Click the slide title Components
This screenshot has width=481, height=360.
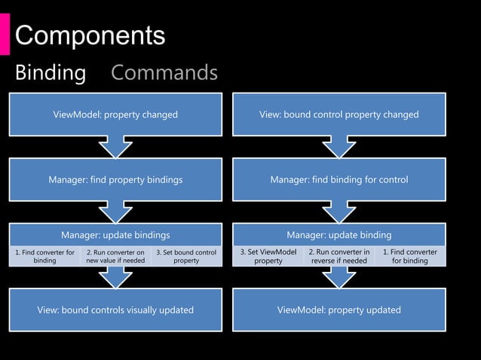(90, 35)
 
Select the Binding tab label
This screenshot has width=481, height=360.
(51, 73)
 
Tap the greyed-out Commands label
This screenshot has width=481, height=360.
(164, 73)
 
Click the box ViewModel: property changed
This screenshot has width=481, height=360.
(115, 115)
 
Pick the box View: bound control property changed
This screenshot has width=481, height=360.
(339, 115)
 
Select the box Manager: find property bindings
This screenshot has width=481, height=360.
(115, 180)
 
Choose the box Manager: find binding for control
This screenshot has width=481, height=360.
(339, 180)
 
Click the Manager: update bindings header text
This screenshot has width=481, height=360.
(115, 235)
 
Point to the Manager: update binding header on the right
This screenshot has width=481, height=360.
(339, 235)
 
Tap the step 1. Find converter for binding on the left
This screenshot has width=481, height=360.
(44, 256)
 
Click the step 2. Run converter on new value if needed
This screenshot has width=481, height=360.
(115, 256)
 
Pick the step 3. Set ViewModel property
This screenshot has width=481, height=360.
(268, 256)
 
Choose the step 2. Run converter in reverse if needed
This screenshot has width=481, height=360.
(339, 256)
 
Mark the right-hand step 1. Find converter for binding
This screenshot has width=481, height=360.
(409, 256)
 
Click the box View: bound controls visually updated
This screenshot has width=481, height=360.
(115, 310)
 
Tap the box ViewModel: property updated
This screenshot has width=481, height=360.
(339, 310)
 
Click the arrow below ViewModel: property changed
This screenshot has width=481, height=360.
(115, 147)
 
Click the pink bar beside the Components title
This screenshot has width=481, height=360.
(5, 35)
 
